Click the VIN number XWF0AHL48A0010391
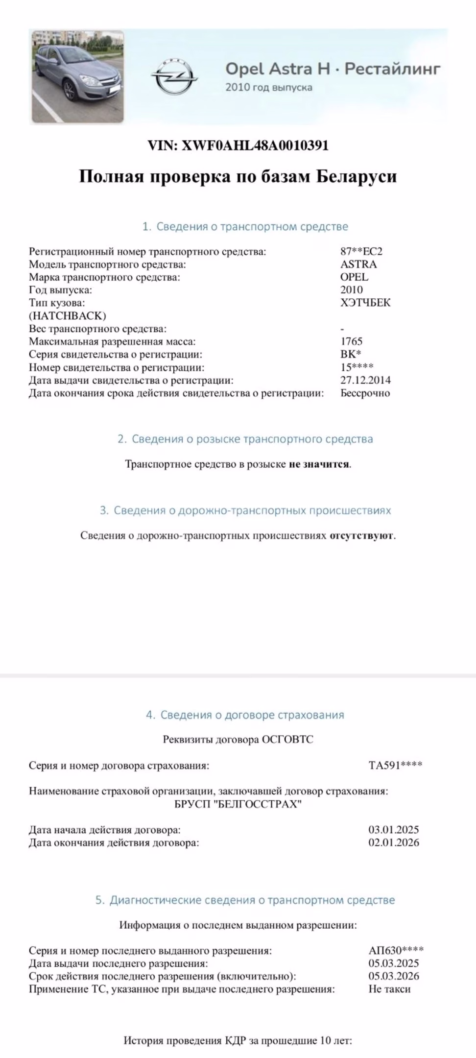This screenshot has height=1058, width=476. click(255, 145)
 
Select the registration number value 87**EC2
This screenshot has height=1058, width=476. click(361, 251)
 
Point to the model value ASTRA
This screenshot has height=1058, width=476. click(358, 264)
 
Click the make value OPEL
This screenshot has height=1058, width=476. click(354, 277)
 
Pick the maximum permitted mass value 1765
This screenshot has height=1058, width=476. click(351, 341)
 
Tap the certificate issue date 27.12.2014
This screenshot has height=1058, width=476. click(365, 380)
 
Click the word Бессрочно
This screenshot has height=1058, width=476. click(365, 393)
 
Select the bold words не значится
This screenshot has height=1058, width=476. click(319, 464)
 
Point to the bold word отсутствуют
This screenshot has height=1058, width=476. click(361, 535)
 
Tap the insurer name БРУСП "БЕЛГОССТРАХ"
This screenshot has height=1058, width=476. click(238, 804)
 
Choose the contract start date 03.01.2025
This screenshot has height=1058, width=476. click(394, 830)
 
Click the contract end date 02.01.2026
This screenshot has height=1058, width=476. click(394, 842)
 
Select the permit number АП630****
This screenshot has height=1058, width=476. click(396, 951)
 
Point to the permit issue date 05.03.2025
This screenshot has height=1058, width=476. click(394, 963)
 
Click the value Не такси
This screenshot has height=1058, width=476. click(389, 989)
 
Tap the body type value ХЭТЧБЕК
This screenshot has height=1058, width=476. click(365, 302)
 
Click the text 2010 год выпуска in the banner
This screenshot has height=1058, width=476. click(268, 88)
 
